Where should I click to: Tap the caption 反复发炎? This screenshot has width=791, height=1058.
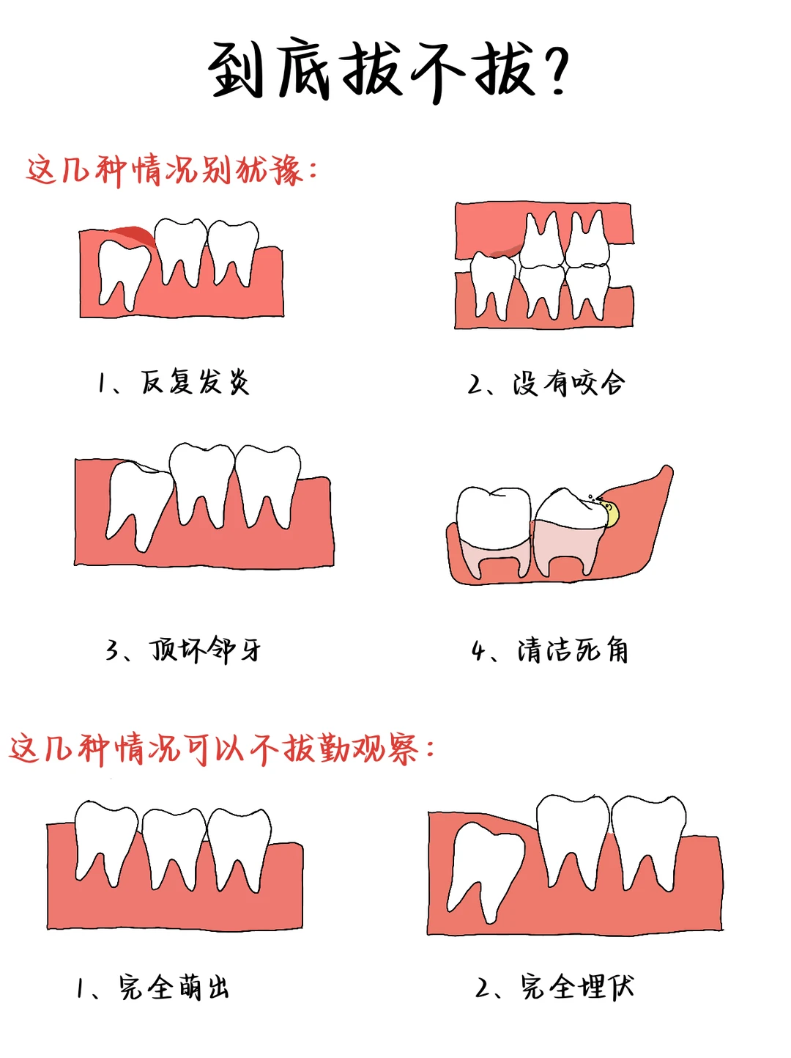pos(195,382)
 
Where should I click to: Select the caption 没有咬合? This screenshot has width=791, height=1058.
pos(568,383)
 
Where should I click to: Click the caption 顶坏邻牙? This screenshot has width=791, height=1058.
pos(206,650)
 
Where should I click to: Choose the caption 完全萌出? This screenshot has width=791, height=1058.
pos(174,988)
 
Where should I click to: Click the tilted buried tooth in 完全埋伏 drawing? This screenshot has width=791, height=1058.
pos(485,865)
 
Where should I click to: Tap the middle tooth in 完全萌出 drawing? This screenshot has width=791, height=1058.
pos(174,843)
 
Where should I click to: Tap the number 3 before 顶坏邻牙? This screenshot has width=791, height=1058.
pos(113,650)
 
